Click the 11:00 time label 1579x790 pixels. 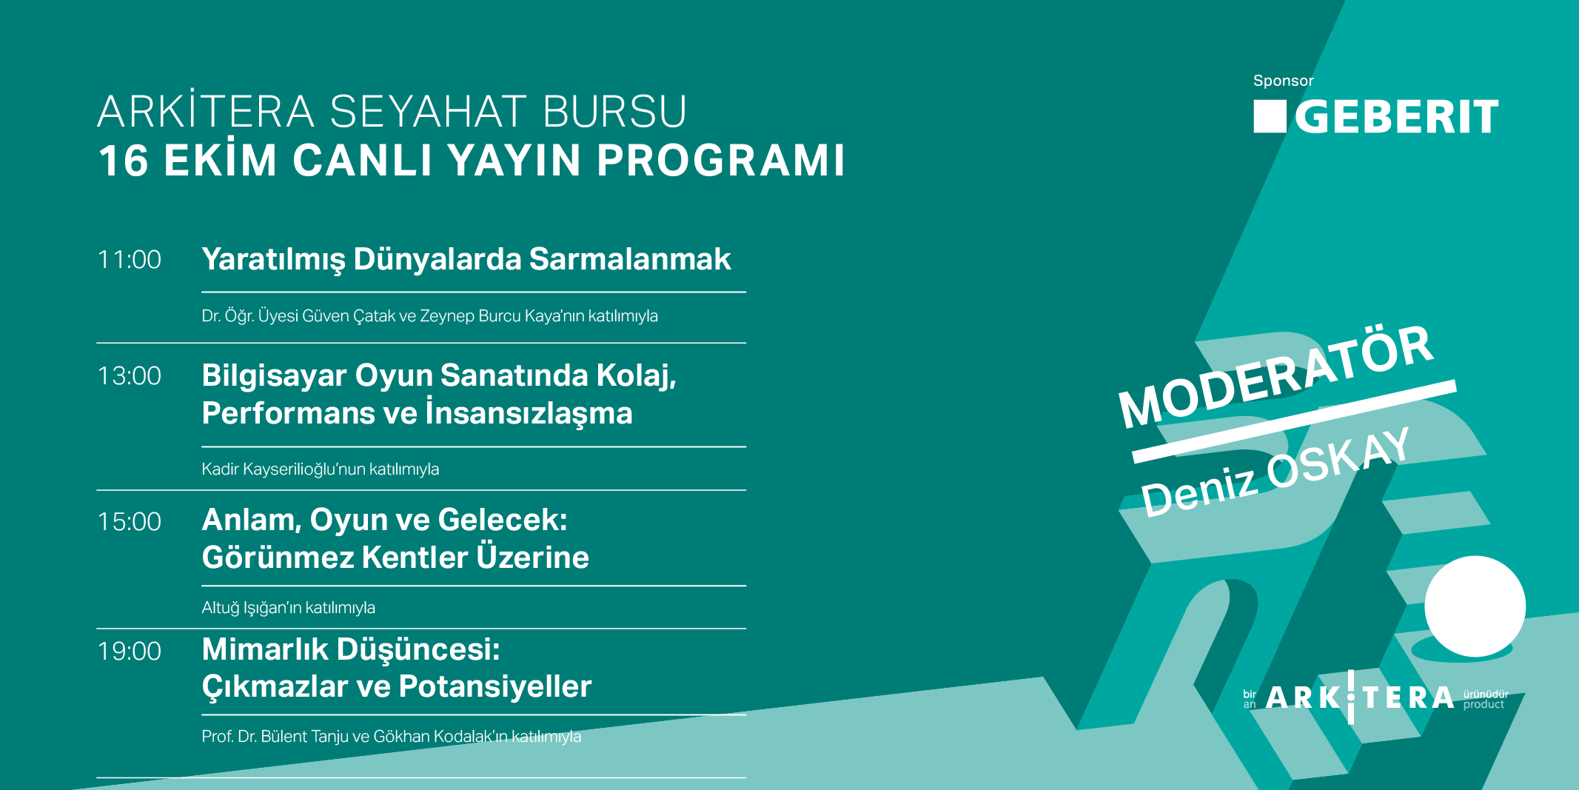point(130,260)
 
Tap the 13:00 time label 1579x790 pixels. point(130,376)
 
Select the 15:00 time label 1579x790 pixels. point(130,522)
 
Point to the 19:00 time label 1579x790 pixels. point(130,652)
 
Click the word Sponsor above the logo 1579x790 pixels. point(1283,81)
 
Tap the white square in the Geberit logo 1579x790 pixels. point(1270,116)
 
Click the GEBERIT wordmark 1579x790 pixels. point(1397,117)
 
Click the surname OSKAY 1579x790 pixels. point(1338,462)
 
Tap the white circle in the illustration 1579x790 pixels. point(1475,606)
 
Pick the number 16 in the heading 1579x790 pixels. point(124,161)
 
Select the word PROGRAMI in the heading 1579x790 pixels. point(721,160)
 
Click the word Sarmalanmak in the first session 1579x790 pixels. point(630,259)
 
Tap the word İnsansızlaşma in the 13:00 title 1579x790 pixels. point(529,412)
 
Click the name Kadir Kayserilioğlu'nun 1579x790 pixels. point(284,469)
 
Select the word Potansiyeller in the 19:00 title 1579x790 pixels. point(495,686)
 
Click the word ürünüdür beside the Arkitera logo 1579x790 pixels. point(1486,694)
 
